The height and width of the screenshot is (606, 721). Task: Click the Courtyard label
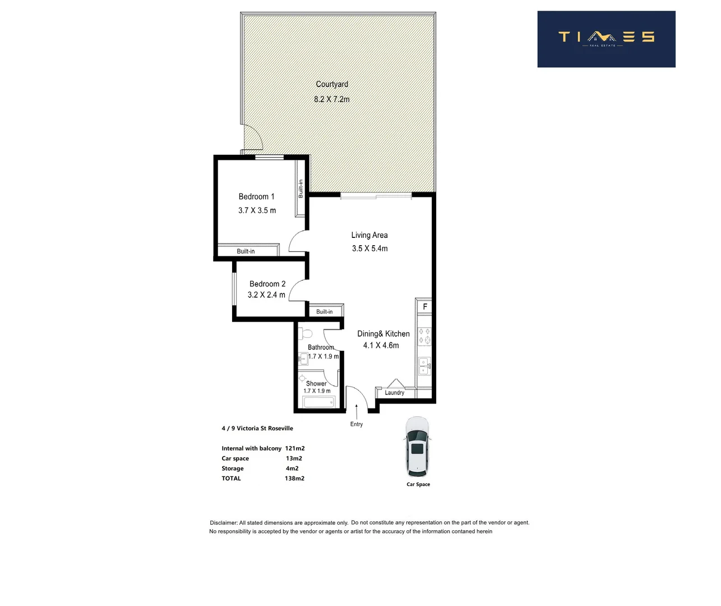tap(332, 84)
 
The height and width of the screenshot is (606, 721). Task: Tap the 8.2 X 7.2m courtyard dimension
tap(331, 99)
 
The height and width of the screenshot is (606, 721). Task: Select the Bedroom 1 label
tap(256, 196)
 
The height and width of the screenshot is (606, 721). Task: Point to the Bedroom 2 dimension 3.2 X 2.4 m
tap(266, 295)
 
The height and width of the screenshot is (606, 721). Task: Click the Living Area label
tap(369, 235)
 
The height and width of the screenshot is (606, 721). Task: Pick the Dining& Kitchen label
tap(383, 333)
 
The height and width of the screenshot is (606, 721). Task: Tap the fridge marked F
tap(424, 307)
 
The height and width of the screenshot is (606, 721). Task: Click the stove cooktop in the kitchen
tap(424, 336)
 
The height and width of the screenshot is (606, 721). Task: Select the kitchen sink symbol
tap(424, 366)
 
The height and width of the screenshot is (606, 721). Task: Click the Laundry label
tap(394, 393)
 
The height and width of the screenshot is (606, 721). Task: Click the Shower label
tap(316, 384)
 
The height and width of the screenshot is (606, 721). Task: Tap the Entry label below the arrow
tap(357, 424)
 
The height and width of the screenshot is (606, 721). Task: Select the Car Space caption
tap(418, 484)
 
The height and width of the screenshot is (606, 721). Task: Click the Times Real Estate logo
tap(606, 39)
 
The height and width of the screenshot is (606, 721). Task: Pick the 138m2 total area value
tap(294, 479)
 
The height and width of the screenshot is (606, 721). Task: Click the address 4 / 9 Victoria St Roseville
tap(257, 428)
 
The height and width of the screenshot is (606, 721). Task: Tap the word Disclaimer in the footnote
tap(224, 522)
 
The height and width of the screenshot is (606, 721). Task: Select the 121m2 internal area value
tap(295, 448)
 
